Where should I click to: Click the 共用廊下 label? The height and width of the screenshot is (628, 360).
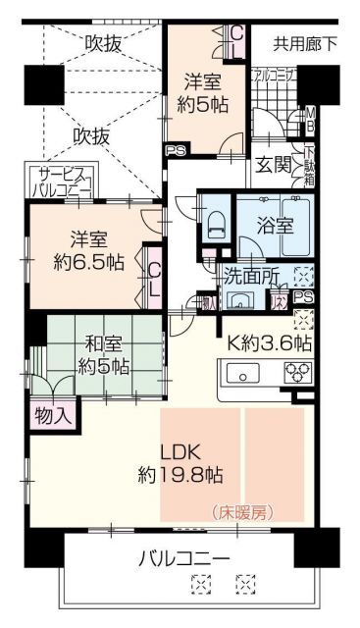pos(304,43)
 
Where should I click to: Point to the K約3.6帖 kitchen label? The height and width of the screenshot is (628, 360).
pos(270,343)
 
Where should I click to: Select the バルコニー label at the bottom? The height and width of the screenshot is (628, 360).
pos(183,559)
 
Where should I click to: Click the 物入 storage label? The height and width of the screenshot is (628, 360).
pos(53,414)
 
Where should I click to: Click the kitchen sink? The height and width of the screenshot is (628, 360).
pos(242,374)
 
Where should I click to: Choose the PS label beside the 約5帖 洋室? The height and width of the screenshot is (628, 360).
pos(175,150)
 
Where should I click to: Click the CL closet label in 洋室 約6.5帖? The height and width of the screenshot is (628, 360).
pos(155,279)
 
